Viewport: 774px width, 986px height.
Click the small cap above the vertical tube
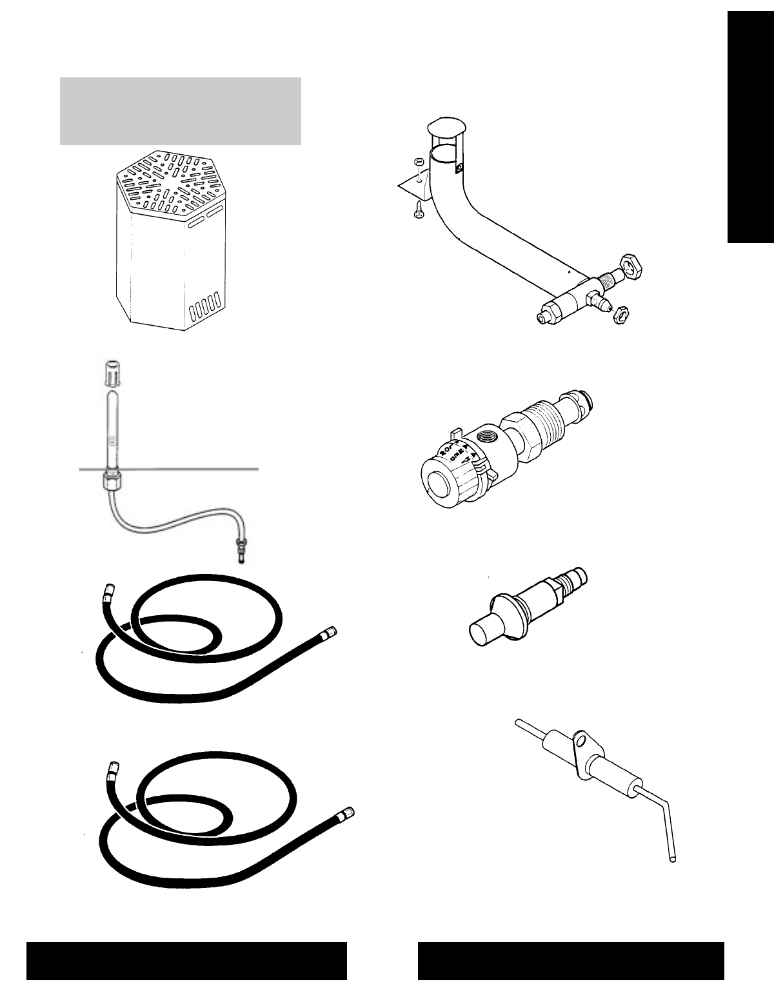pyautogui.click(x=112, y=373)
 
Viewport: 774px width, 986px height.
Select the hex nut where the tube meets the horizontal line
pyautogui.click(x=112, y=481)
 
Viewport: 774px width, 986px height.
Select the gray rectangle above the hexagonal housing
pyautogui.click(x=181, y=111)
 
